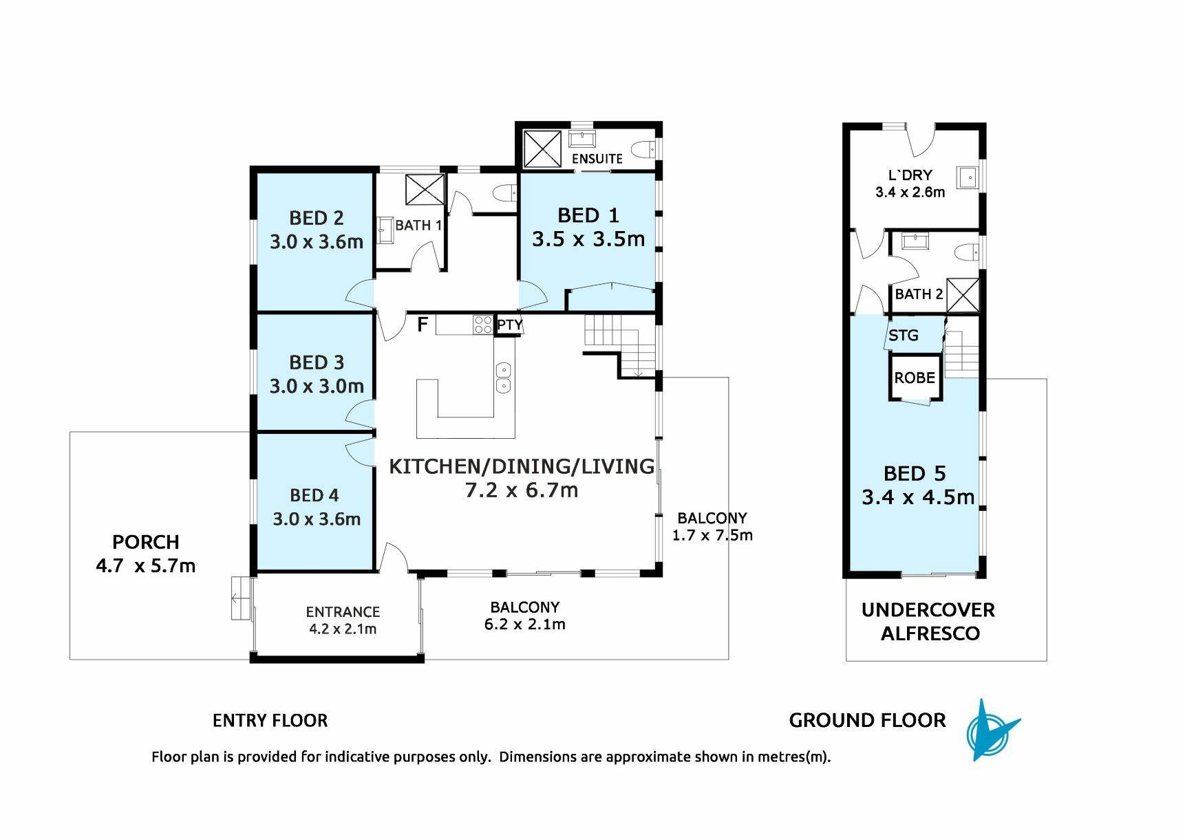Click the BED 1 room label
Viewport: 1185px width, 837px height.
(588, 215)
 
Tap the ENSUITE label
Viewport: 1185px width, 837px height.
(597, 159)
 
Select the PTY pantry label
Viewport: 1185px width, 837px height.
(510, 325)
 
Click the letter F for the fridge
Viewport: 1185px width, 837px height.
(423, 324)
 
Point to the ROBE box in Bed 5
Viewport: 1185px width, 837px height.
(915, 378)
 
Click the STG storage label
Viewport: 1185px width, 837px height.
(904, 336)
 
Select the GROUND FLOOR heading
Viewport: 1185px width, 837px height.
(867, 721)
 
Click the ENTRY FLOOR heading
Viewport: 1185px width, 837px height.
(270, 721)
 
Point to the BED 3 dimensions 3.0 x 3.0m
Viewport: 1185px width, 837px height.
(317, 386)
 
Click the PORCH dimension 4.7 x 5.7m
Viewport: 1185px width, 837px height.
(146, 566)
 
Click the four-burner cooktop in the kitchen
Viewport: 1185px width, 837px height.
(482, 324)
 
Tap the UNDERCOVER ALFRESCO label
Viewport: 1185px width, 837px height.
(929, 622)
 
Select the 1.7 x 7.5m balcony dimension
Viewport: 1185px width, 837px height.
(712, 535)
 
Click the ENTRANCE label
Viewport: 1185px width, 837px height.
(343, 611)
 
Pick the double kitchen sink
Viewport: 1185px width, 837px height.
(504, 378)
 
